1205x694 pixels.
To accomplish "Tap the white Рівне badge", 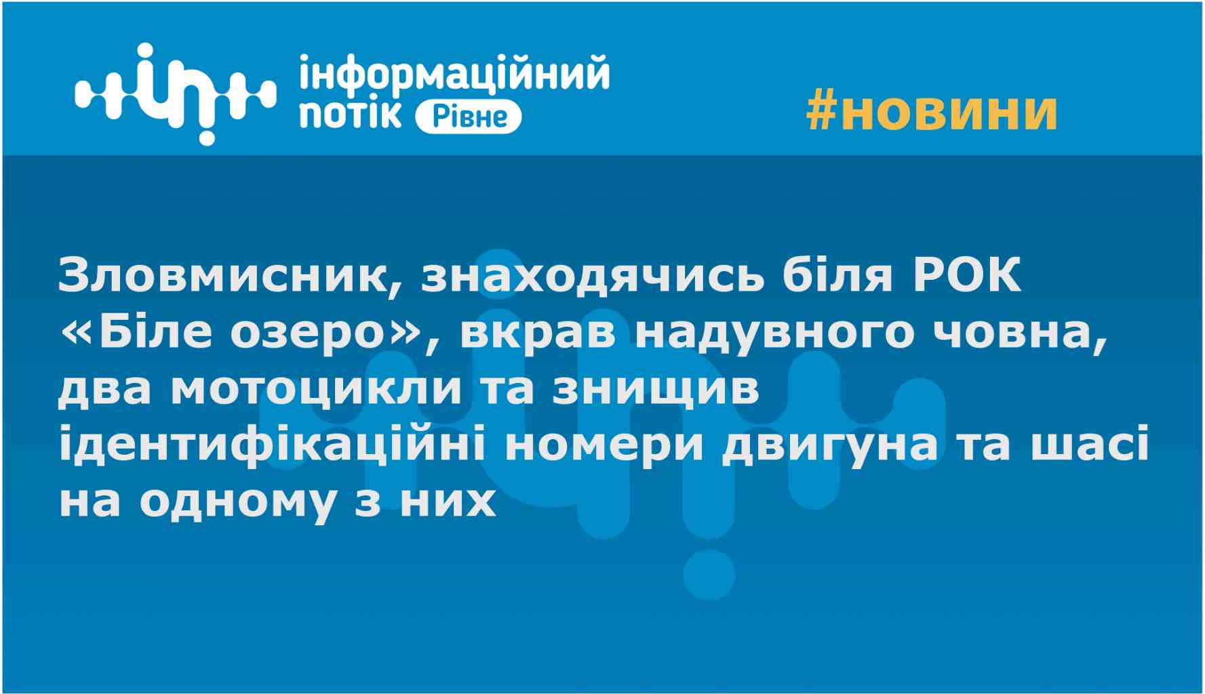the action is point(468,117).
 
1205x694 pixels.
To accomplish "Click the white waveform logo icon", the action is point(176,94).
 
